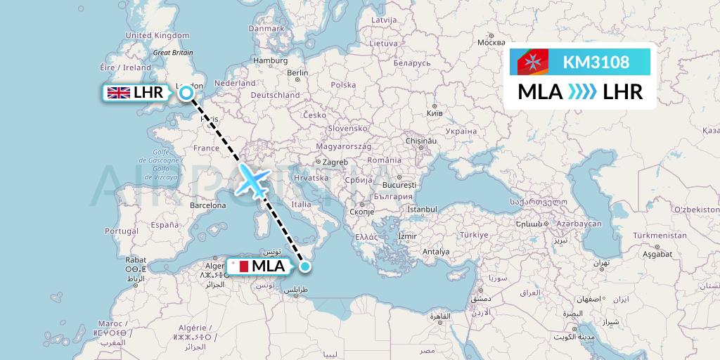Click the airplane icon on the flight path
coord(252,180)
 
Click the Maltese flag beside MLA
coord(239,266)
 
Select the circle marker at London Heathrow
coord(186,92)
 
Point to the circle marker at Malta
coord(305,266)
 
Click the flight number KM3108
coord(596,63)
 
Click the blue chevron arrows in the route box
coord(581,91)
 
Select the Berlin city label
coord(297,72)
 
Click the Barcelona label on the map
coord(208,206)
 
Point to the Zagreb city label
coord(335,162)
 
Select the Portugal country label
coord(122,231)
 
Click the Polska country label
coord(344,84)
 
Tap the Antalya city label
coord(436,251)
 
